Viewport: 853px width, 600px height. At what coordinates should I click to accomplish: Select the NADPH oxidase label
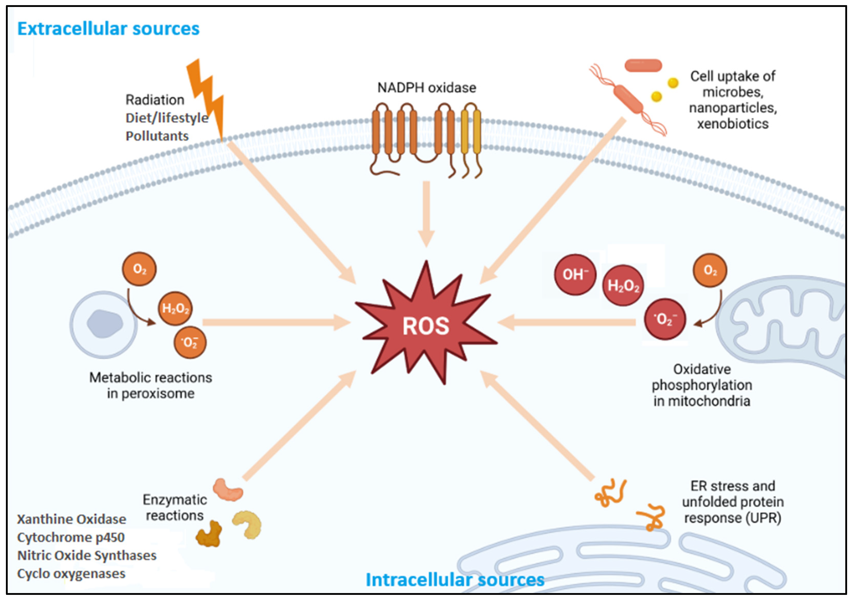[x=427, y=88]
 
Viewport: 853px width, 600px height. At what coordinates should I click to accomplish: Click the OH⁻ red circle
[x=575, y=275]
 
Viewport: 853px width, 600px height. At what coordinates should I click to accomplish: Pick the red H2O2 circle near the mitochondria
[x=623, y=285]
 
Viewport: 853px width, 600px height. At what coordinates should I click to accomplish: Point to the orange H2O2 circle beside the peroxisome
[x=175, y=308]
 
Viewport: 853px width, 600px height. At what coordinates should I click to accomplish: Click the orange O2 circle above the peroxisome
[x=139, y=269]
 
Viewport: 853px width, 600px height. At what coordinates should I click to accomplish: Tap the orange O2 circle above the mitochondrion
[x=710, y=270]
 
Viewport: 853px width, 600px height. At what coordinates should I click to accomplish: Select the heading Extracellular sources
[x=108, y=29]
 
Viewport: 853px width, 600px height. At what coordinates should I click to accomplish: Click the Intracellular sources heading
[x=455, y=579]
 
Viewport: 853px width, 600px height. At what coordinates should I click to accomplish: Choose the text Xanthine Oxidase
[x=72, y=519]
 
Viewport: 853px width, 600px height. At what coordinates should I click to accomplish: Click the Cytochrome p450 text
[x=71, y=537]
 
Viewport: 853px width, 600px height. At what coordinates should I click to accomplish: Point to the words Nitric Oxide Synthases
[x=87, y=556]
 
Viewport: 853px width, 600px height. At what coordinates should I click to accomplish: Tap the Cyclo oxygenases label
[x=71, y=574]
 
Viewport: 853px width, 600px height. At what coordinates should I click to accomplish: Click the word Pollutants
[x=157, y=136]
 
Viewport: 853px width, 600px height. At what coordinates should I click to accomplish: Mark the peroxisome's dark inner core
[x=105, y=324]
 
